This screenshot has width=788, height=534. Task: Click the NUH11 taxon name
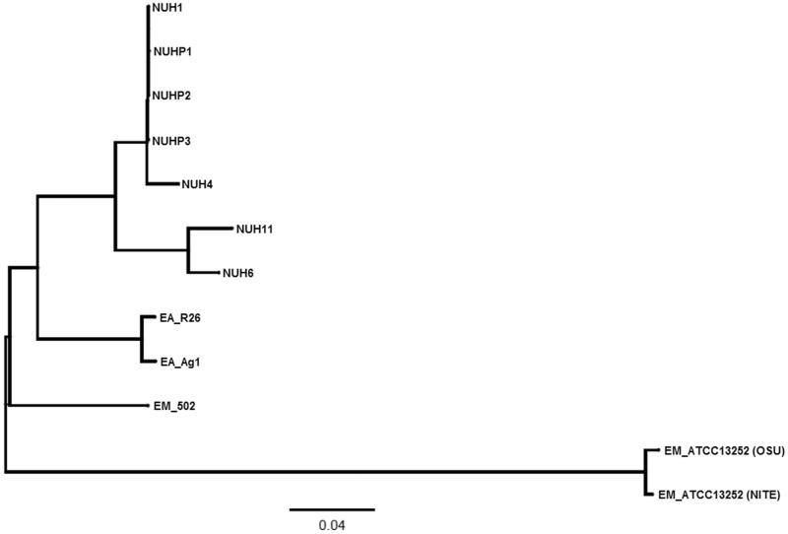(254, 229)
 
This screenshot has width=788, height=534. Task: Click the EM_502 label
(175, 405)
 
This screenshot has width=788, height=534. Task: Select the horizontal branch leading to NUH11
(209, 229)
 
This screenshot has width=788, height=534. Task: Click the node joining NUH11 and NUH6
(187, 250)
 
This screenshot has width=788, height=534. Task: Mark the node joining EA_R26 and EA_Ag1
(144, 339)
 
